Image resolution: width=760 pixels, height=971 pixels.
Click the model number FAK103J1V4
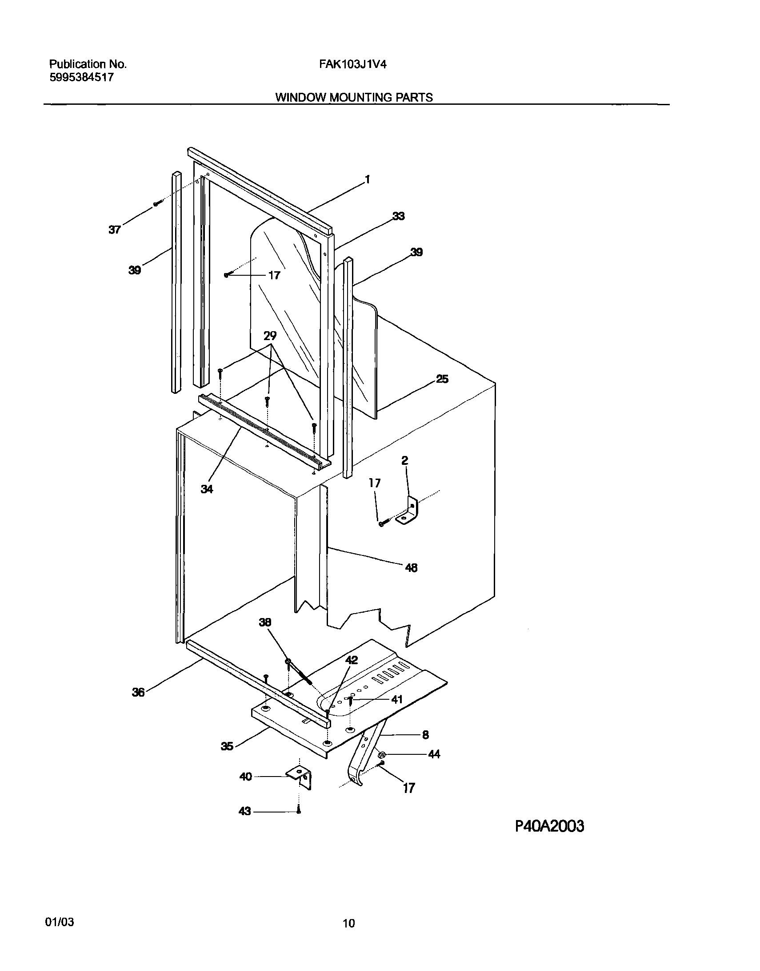click(x=352, y=64)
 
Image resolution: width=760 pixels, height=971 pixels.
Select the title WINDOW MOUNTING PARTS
click(x=354, y=97)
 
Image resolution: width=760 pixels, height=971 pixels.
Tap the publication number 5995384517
click(x=81, y=77)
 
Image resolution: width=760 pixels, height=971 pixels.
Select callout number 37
click(x=114, y=230)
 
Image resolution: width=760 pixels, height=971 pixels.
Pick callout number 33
click(x=398, y=216)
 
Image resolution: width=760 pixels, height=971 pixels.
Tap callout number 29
click(x=270, y=336)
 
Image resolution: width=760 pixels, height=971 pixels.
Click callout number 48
click(x=411, y=567)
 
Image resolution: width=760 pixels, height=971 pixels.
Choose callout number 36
click(x=138, y=692)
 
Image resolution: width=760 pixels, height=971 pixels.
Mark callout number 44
click(x=434, y=754)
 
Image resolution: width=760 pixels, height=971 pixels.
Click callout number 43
click(x=245, y=812)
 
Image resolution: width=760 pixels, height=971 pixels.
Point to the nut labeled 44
click(x=382, y=753)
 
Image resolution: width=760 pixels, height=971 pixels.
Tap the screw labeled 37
click(x=156, y=204)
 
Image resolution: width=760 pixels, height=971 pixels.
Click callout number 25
click(x=442, y=379)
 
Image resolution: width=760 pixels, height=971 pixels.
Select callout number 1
click(x=367, y=179)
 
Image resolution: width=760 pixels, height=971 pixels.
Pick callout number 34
click(x=207, y=489)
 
